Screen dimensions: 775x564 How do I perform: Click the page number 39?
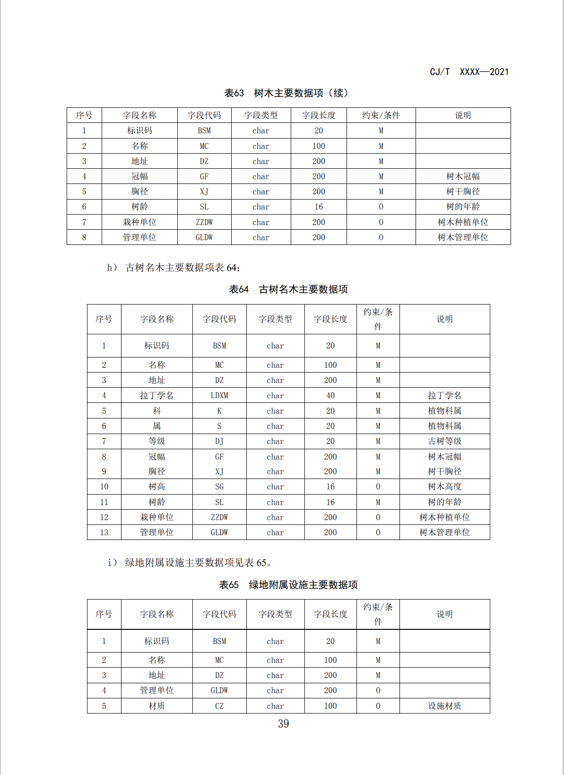pos(283,724)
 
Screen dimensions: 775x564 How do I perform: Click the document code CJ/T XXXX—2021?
pos(469,72)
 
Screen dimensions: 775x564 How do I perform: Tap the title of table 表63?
pos(286,93)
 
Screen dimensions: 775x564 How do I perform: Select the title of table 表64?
pos(288,289)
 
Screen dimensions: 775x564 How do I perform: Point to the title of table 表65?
pos(288,585)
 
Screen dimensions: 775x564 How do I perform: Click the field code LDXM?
pos(219,395)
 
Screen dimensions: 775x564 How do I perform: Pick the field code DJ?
pos(219,441)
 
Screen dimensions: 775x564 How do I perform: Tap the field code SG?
pos(219,487)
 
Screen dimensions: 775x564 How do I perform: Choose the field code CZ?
pos(219,706)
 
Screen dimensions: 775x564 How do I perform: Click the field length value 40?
pos(330,395)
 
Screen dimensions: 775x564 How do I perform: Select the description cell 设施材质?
pos(444,706)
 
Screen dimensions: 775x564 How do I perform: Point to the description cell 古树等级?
pos(444,441)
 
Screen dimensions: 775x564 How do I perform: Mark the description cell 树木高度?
pos(444,487)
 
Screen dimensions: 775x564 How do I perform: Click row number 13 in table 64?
pos(104,532)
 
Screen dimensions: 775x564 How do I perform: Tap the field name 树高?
pos(156,487)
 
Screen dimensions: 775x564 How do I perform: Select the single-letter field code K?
pos(219,411)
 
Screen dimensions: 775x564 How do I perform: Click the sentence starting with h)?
pos(174,268)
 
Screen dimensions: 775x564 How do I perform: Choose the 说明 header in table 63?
pos(463,115)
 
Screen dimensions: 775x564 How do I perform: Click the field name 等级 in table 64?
pos(156,441)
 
